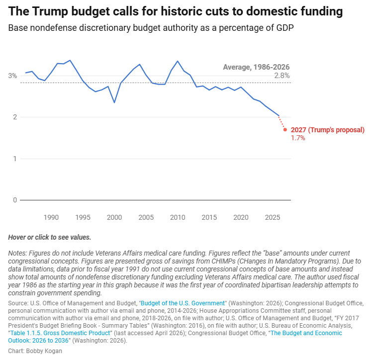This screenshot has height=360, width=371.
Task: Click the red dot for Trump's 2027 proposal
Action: coord(285,130)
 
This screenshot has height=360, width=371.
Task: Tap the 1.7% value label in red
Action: coord(298,138)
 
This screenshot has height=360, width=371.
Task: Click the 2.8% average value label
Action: coord(282,76)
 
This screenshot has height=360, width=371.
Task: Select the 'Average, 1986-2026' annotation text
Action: coord(256,67)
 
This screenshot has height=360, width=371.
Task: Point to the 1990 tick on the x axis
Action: coord(51,217)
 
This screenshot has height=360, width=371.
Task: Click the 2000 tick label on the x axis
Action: coord(114,217)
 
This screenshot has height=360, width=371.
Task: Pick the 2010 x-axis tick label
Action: coord(178,217)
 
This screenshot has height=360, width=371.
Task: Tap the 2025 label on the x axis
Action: coord(273,217)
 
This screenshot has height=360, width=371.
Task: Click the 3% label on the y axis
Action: coord(12,76)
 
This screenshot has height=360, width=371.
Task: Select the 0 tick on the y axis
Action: coord(15,200)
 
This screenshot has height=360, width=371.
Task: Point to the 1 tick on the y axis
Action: coord(15,159)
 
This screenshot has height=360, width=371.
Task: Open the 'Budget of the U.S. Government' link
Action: coord(184,303)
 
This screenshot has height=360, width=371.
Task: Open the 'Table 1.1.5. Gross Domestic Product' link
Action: coord(65,333)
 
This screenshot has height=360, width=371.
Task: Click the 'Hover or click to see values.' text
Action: coord(50,237)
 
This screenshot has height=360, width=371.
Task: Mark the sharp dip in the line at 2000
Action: coord(114,102)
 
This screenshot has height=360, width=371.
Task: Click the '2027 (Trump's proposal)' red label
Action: coord(328,130)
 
